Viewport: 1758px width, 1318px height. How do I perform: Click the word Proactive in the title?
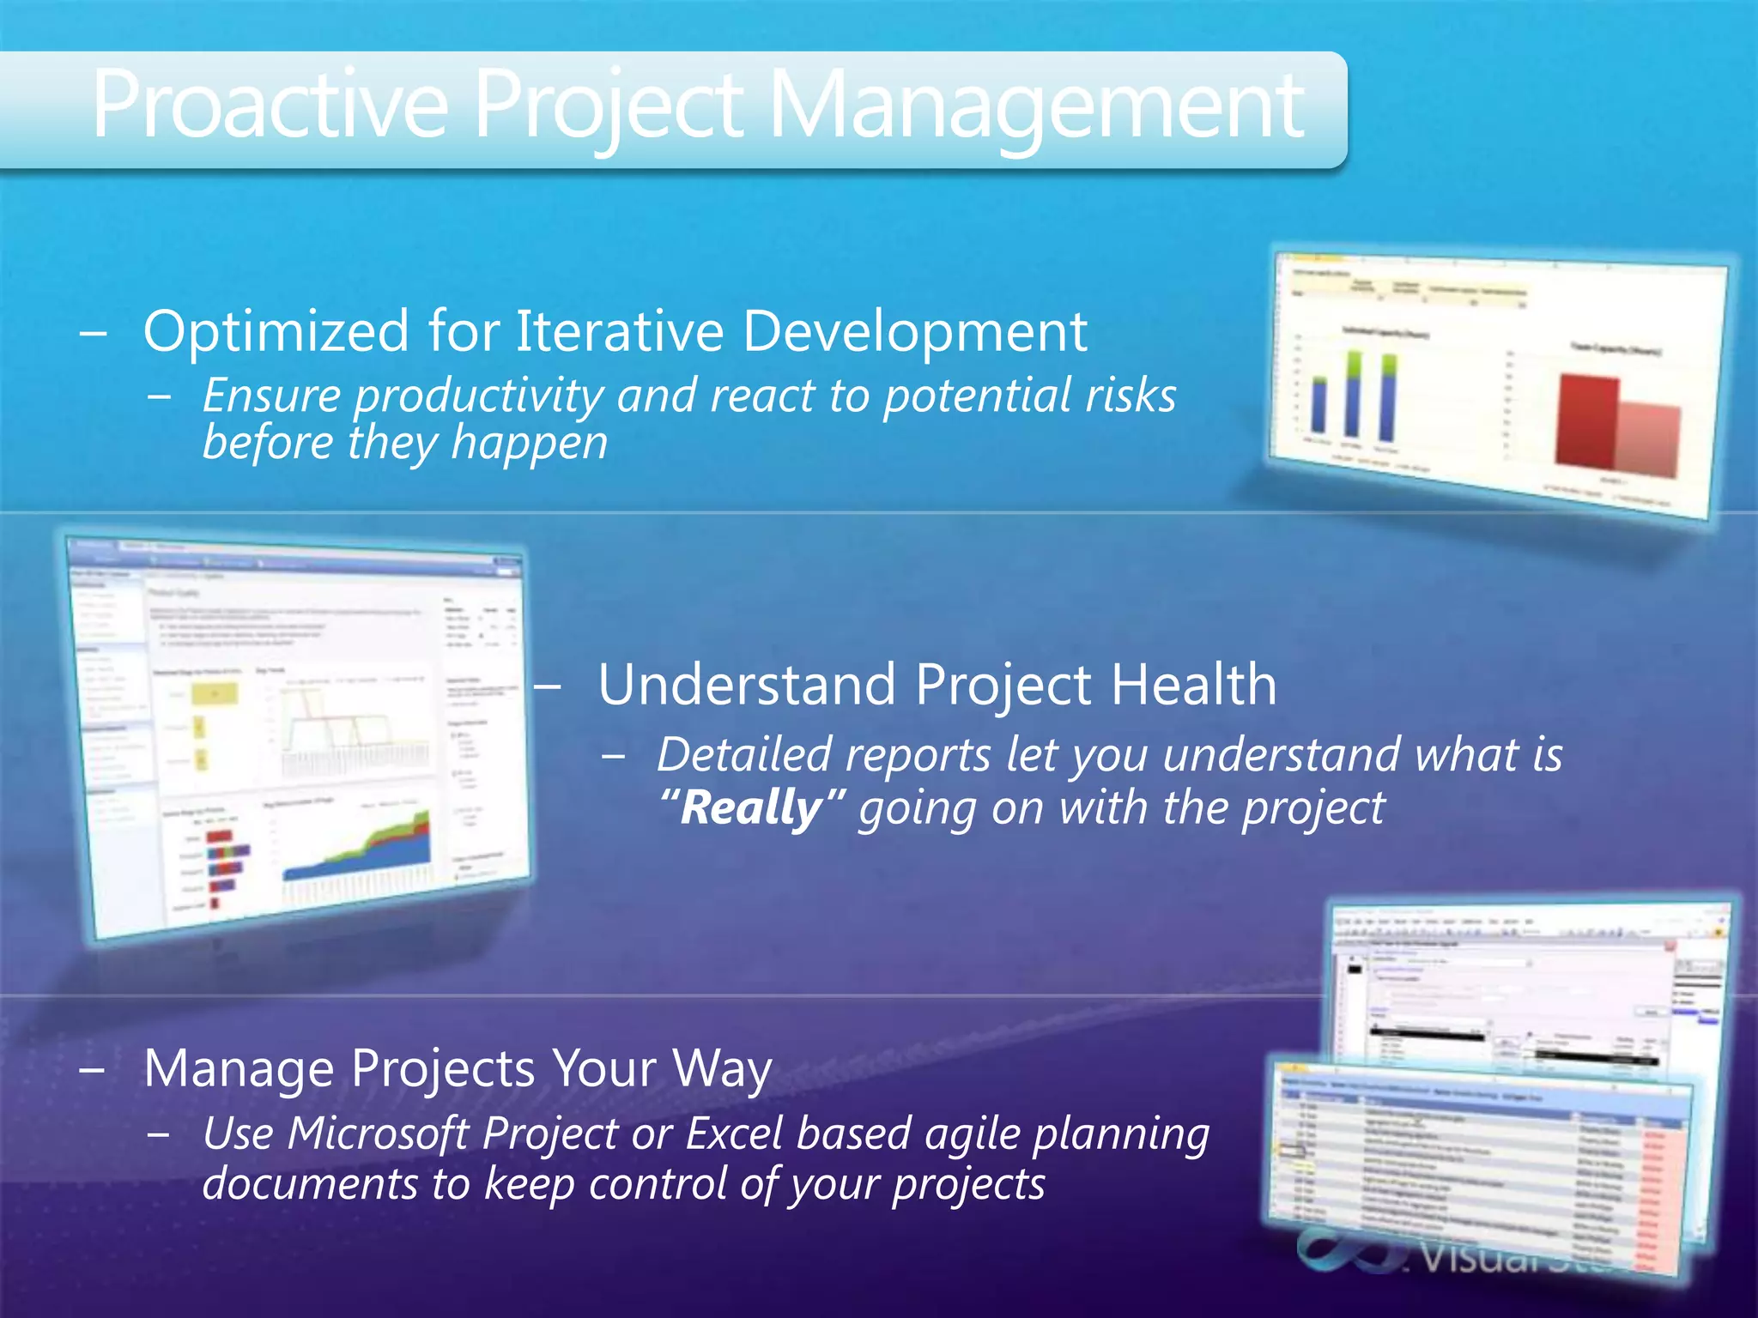coord(270,106)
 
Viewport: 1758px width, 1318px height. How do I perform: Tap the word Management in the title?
coord(1039,106)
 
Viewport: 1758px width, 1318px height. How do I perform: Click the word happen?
coord(530,444)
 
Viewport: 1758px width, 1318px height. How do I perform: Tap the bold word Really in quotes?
coord(752,807)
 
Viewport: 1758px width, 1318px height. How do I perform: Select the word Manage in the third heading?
coord(239,1069)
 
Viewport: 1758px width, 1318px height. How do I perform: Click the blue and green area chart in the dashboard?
coord(361,849)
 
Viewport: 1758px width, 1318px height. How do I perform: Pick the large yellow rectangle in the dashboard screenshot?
coord(215,693)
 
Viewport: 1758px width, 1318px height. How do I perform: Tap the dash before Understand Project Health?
coord(548,686)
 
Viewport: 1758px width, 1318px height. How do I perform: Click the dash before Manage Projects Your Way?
coord(92,1070)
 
